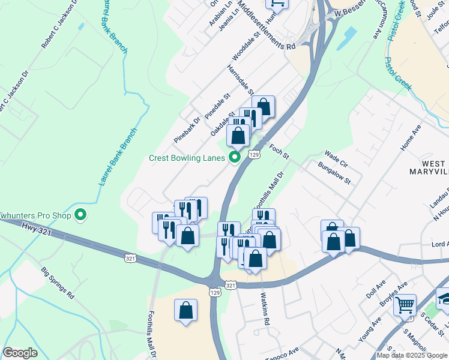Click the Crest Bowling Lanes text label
pos(186,158)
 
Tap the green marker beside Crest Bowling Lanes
pos(234,158)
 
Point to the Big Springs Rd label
pos(57,283)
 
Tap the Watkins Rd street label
pos(265,308)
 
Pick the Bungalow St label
pos(335,174)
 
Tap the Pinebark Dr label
pos(186,129)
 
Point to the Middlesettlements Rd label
pos(266,25)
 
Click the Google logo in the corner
pos(20,353)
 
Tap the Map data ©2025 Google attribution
pos(412,355)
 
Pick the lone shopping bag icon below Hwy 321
pos(185,310)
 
